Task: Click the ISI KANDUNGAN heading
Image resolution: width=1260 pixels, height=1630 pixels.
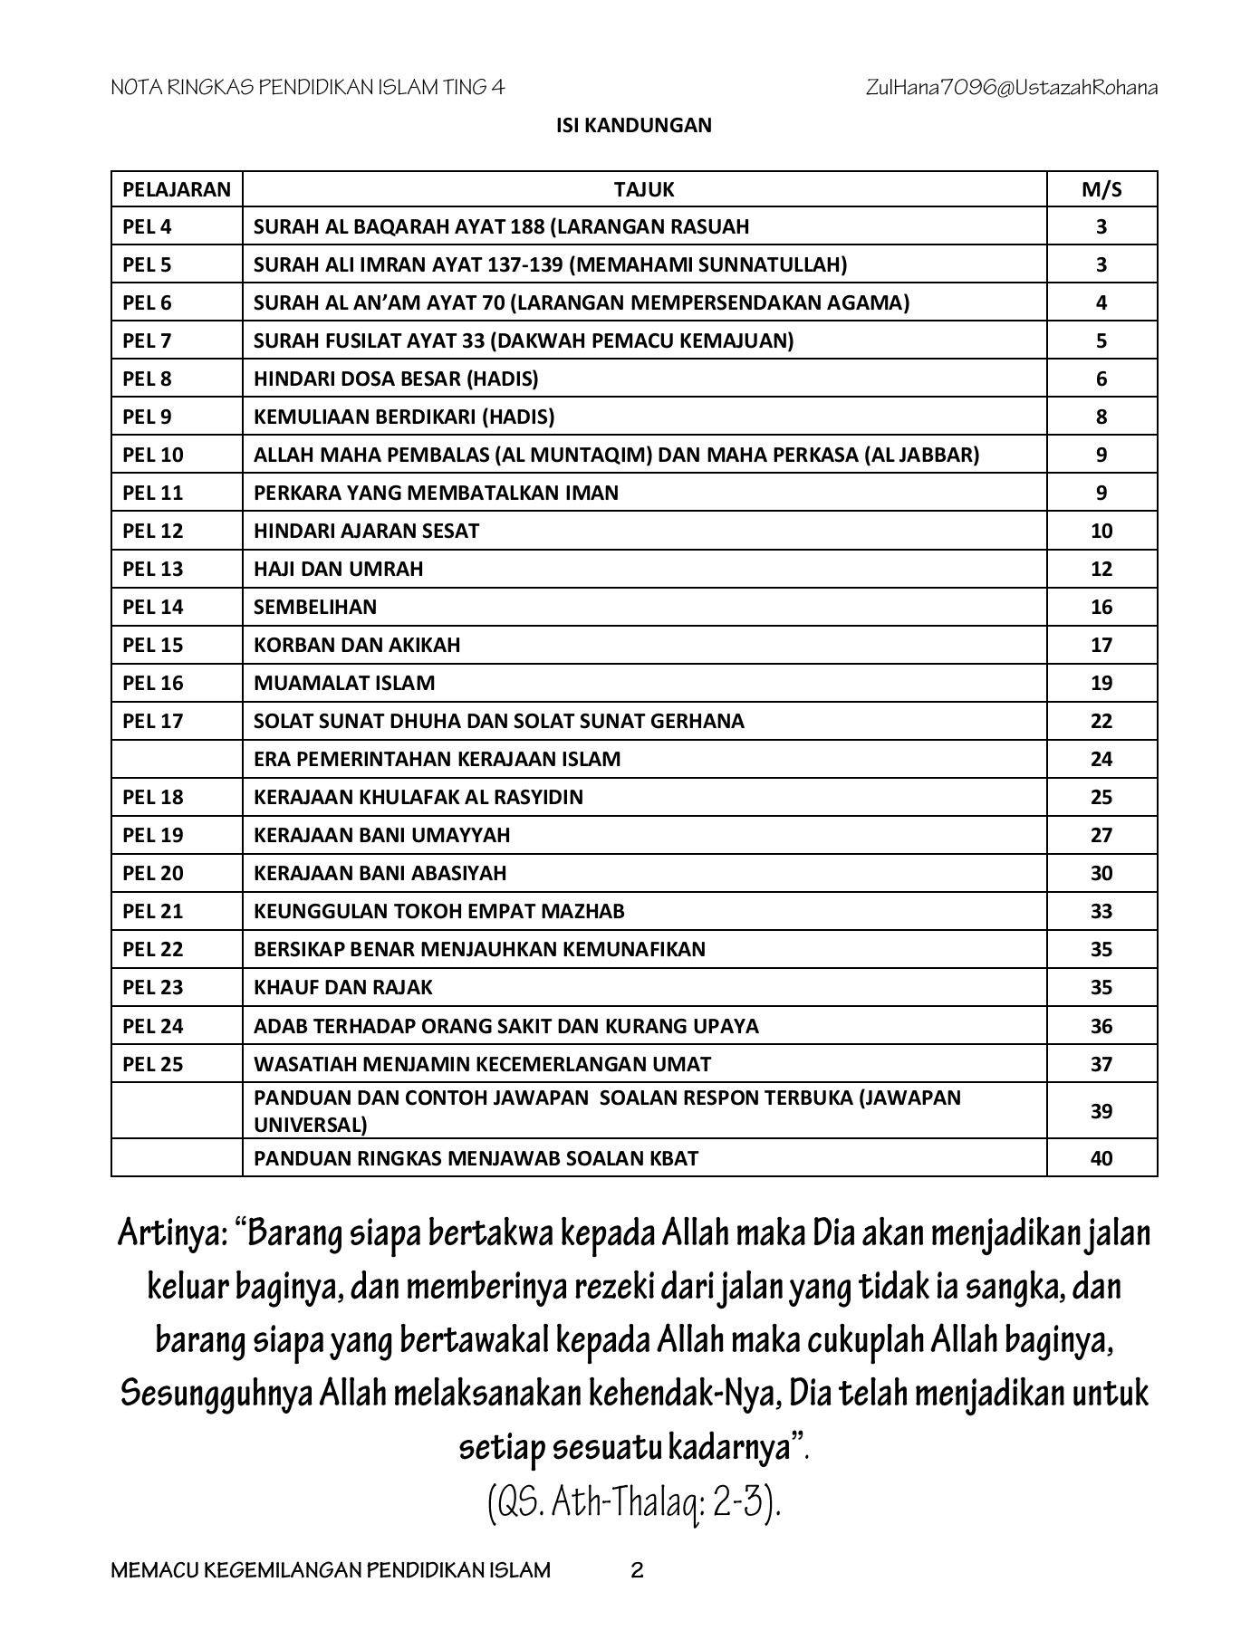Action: [x=633, y=125]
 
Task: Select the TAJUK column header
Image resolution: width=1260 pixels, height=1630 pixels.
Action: [x=643, y=189]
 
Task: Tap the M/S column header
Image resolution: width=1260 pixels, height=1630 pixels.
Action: [x=1101, y=189]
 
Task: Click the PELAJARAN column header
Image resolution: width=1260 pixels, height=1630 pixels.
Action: [x=177, y=189]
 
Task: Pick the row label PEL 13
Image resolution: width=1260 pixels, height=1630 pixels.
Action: [x=153, y=569]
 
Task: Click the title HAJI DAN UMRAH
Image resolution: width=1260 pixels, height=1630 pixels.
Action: [x=338, y=569]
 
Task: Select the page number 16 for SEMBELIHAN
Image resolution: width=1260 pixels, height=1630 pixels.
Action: [x=1101, y=607]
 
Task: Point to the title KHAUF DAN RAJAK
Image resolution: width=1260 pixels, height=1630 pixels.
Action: [x=342, y=987]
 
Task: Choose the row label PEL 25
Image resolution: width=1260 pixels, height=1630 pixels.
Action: [x=153, y=1064]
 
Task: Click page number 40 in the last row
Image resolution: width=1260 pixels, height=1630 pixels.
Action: [x=1101, y=1158]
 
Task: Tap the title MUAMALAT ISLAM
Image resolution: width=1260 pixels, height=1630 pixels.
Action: [x=344, y=683]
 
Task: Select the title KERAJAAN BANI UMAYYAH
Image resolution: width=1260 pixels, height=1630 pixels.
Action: [x=381, y=835]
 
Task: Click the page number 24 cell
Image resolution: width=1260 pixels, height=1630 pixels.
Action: [x=1101, y=759]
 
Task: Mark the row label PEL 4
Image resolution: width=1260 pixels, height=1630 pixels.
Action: [x=147, y=226]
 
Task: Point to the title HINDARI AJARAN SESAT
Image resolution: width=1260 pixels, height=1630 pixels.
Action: [x=366, y=531]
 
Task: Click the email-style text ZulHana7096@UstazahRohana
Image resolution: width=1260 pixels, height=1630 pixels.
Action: [x=1011, y=88]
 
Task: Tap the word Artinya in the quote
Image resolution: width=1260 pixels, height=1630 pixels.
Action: [x=169, y=1233]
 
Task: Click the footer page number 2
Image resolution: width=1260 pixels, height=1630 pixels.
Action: [x=637, y=1571]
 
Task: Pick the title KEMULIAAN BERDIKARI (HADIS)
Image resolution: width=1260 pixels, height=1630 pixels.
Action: [x=404, y=417]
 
